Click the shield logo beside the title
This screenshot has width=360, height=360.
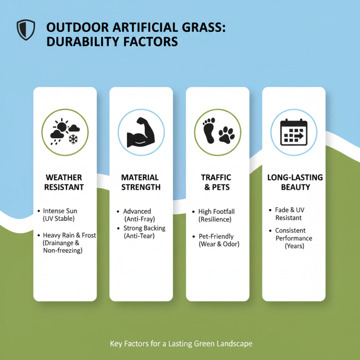point(26,30)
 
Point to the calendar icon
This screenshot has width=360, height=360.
point(294,132)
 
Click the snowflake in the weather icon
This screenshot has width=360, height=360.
point(72,139)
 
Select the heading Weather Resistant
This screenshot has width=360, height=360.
point(64,182)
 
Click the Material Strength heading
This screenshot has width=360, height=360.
point(141,182)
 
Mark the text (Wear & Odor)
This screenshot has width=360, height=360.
point(219,244)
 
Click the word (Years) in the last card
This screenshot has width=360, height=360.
point(295,246)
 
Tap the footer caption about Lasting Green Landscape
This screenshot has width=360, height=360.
point(181,344)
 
